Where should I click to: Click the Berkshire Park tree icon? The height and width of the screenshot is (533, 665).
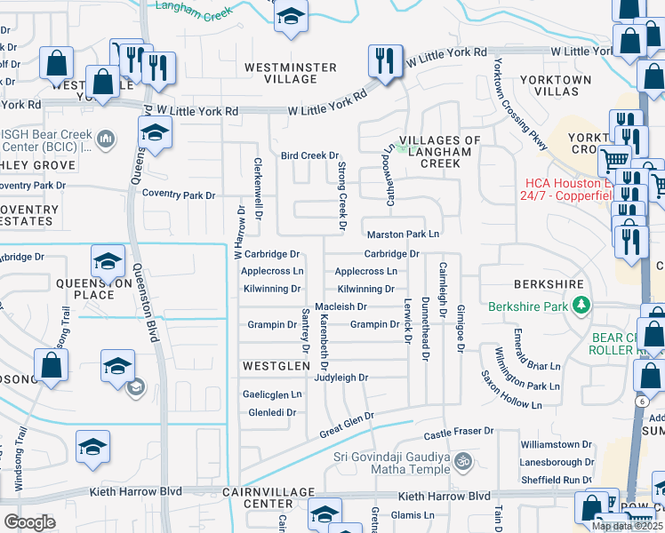[x=581, y=306]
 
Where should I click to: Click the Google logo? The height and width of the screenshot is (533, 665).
[x=29, y=522]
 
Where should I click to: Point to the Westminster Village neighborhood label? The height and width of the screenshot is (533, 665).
[x=291, y=73]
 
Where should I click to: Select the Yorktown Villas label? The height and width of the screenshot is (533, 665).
[x=556, y=85]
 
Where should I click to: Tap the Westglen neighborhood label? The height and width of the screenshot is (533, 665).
[x=276, y=365]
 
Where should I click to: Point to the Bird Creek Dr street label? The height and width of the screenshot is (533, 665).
[x=310, y=155]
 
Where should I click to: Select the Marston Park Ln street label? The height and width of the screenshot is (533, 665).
[x=404, y=235]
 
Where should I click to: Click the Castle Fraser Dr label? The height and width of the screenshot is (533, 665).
[x=458, y=432]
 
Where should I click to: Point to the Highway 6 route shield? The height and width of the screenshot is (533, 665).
[x=640, y=402]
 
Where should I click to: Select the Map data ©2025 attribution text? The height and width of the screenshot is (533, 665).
[x=627, y=526]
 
